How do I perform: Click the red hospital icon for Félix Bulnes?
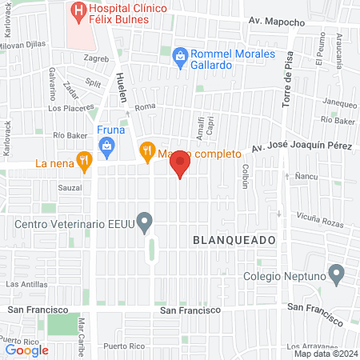tap(78, 10)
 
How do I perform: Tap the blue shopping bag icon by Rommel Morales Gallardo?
tap(180, 55)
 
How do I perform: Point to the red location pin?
tap(180, 164)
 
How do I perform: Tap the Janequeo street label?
tap(338, 102)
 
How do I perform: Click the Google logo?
tap(26, 349)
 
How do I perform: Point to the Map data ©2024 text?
tap(324, 353)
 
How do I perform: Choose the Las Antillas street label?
tap(26, 284)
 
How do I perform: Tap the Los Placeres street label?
tap(66, 108)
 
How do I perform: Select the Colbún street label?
tap(246, 175)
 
